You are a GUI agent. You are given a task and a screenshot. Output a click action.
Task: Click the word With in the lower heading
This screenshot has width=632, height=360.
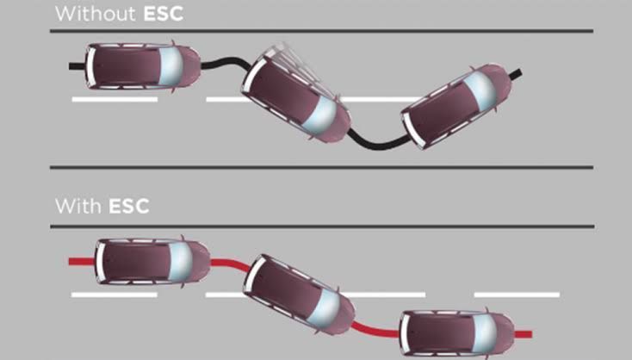(78, 207)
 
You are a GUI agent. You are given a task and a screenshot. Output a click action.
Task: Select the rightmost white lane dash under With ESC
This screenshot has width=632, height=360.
(517, 295)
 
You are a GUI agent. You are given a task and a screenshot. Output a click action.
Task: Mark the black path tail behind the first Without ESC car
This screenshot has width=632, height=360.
(76, 65)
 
